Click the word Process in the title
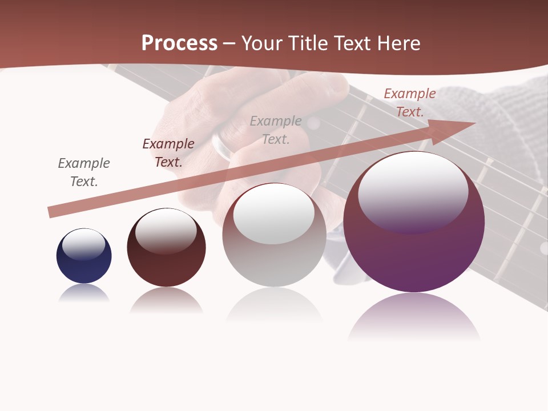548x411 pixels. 179,43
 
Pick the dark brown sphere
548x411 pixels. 166,263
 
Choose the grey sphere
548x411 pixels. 274,251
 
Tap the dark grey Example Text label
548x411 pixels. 84,172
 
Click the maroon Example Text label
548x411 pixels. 168,152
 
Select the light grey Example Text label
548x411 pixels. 276,130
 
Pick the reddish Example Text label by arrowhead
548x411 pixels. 409,102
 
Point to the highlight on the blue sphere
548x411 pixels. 83,244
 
